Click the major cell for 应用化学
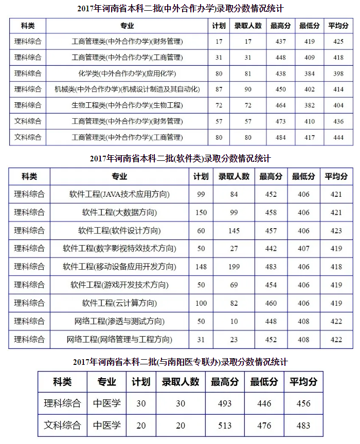point(127,73)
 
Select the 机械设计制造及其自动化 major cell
point(127,89)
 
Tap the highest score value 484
point(280,137)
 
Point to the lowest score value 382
point(310,105)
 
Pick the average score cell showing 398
point(338,73)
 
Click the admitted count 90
point(248,89)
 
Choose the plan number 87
point(219,89)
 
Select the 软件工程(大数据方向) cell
point(119,212)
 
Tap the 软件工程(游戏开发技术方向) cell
point(119,285)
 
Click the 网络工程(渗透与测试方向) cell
point(119,321)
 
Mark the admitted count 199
point(234,267)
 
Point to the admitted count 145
point(234,231)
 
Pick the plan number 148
point(201,267)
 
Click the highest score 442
point(271,249)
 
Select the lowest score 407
point(303,249)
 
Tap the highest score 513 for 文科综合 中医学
point(225,425)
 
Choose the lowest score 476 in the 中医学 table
point(264,425)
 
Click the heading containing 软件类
point(179,158)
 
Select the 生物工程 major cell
point(127,105)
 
